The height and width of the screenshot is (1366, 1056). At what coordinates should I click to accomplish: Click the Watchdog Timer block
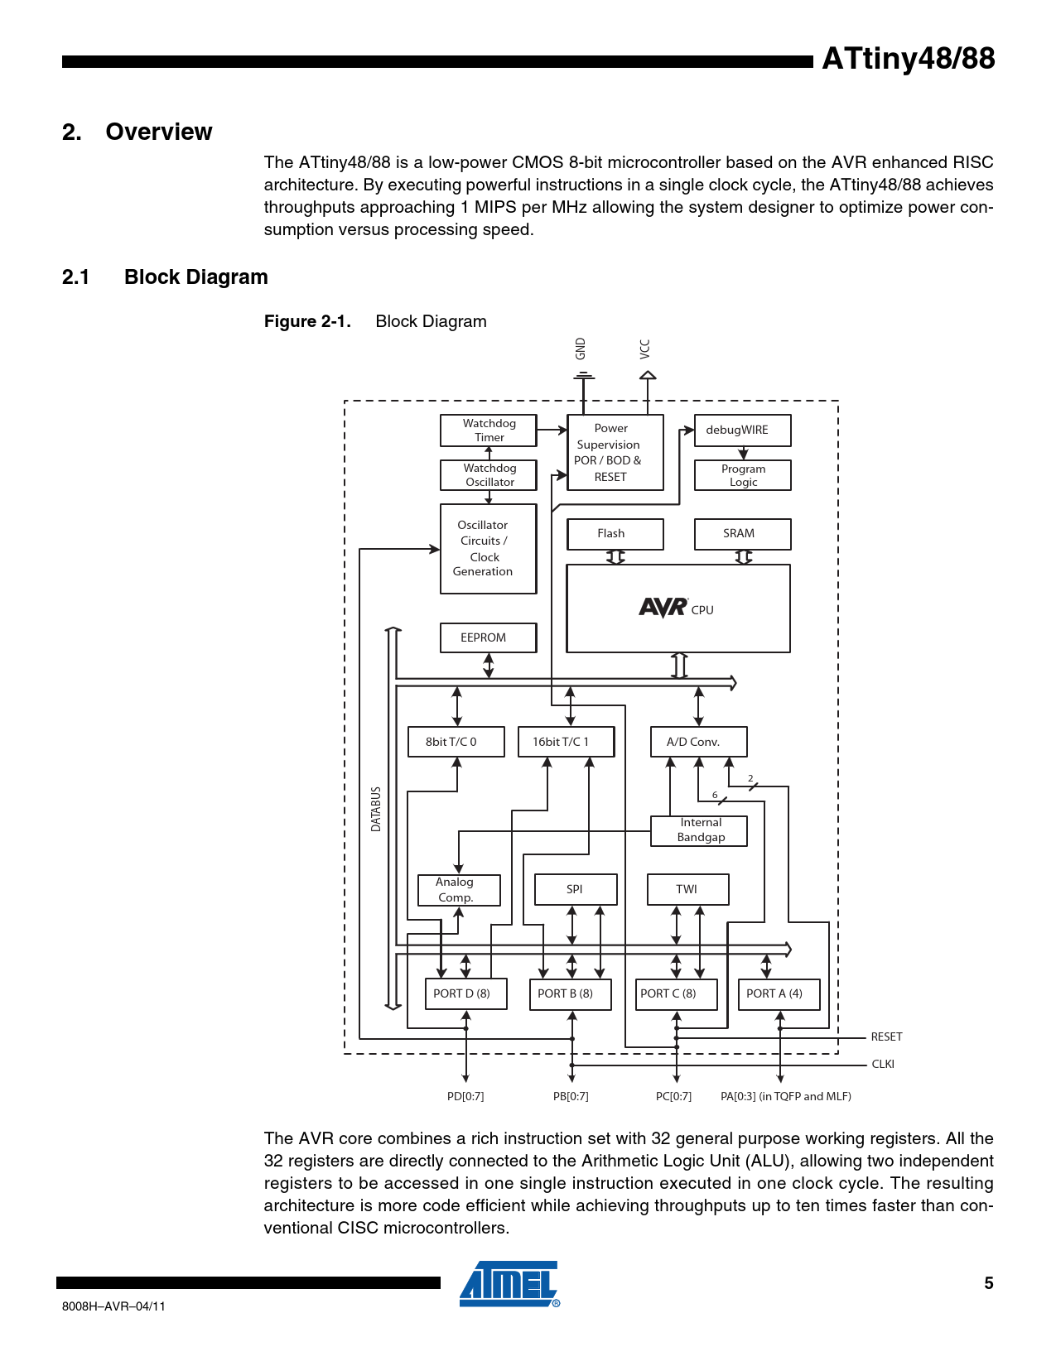click(x=489, y=430)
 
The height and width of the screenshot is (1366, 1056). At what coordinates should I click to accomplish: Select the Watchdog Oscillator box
click(x=489, y=475)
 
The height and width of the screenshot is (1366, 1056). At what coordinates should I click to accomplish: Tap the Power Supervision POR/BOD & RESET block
click(x=615, y=452)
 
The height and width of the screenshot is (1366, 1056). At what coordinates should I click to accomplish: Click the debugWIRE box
click(x=742, y=430)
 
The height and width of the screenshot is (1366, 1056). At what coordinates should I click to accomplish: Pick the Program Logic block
click(x=742, y=475)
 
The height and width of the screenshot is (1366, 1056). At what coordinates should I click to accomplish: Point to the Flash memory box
click(x=615, y=534)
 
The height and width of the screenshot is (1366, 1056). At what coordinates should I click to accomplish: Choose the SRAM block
click(x=742, y=534)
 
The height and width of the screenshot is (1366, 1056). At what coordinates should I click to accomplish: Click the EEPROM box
click(x=487, y=637)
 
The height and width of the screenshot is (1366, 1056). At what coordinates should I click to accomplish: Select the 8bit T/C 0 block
click(x=456, y=742)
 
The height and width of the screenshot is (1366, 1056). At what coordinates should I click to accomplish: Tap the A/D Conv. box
click(x=698, y=742)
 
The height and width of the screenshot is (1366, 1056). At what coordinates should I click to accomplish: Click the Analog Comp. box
click(x=459, y=890)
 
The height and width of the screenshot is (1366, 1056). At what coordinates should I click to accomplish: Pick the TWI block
click(x=687, y=889)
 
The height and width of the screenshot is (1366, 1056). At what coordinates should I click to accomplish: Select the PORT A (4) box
click(x=779, y=993)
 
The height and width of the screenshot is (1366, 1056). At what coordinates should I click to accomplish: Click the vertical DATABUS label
click(x=376, y=809)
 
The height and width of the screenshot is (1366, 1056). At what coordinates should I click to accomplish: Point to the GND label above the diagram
click(x=581, y=349)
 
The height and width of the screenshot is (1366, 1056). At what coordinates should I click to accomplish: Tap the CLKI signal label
click(x=883, y=1064)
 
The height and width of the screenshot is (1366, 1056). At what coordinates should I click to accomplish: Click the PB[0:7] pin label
click(x=571, y=1096)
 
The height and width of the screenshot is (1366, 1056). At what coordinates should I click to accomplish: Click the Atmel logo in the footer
click(x=509, y=1284)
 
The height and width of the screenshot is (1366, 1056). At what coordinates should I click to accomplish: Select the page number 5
click(x=988, y=1283)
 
